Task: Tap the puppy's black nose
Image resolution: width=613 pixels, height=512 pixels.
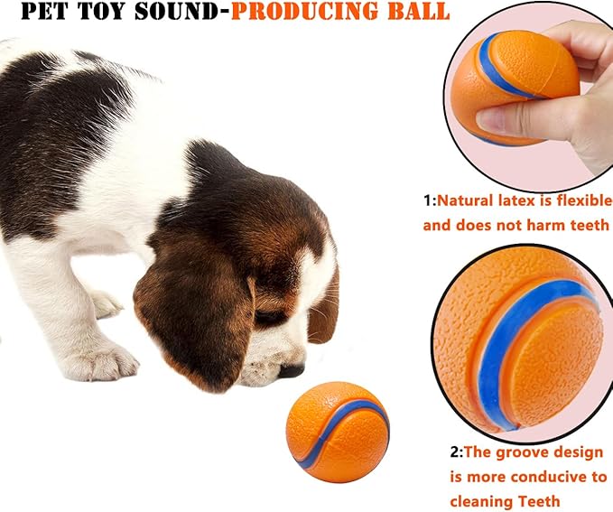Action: tap(292, 370)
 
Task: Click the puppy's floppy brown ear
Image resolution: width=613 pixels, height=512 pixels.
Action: tap(191, 316)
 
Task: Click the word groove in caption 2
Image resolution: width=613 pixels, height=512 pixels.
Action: tap(515, 451)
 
